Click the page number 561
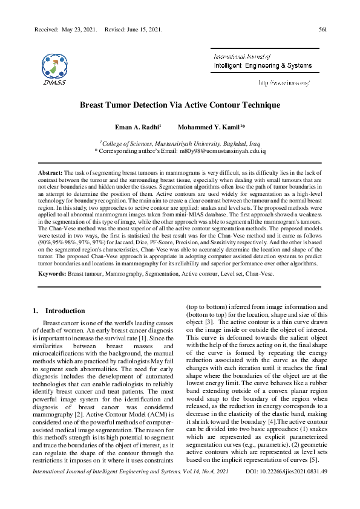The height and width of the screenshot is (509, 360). pyautogui.click(x=322, y=29)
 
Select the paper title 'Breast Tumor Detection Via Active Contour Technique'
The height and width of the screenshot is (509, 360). pyautogui.click(x=180, y=105)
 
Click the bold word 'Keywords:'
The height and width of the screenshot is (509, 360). pyautogui.click(x=51, y=274)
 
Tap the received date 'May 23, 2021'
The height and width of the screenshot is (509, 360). pyautogui.click(x=79, y=29)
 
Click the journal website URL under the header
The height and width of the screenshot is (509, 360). pyautogui.click(x=284, y=82)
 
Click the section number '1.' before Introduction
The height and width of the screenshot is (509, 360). pyautogui.click(x=34, y=311)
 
